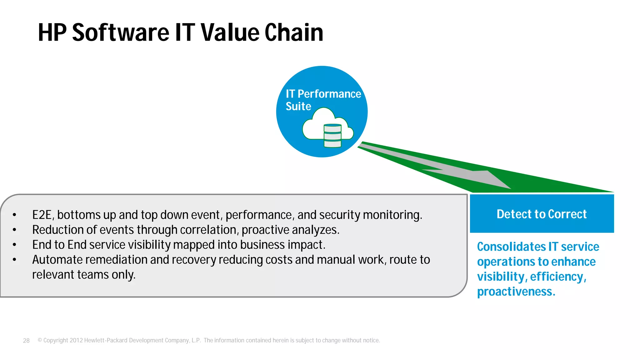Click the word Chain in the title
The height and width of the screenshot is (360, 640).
(x=294, y=32)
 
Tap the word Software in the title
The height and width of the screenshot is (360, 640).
(x=121, y=32)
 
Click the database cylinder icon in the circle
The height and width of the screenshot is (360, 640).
(x=332, y=136)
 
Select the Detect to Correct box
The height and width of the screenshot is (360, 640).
(x=542, y=214)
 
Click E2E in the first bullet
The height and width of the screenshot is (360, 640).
(x=42, y=215)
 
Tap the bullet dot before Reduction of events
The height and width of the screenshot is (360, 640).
(x=14, y=230)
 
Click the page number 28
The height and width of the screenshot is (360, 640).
(x=26, y=341)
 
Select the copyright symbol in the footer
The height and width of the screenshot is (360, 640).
(x=40, y=340)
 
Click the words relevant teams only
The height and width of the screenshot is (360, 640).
(x=84, y=275)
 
